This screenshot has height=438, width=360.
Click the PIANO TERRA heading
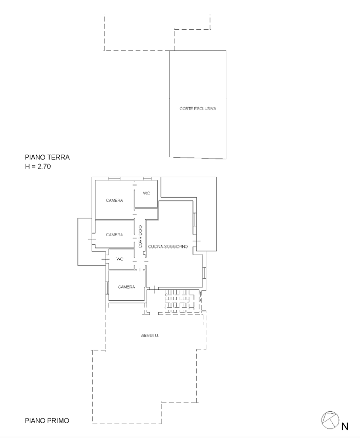(47, 157)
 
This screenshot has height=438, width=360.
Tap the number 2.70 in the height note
(44, 167)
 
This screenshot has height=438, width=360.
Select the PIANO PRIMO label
(47, 421)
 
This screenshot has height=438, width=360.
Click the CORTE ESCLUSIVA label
(198, 109)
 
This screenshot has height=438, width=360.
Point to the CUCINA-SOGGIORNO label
(168, 246)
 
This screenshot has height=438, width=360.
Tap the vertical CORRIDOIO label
(140, 236)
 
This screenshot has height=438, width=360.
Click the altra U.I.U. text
(150, 336)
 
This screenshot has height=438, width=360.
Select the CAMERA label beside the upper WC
(114, 200)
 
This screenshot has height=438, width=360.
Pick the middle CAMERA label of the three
(114, 235)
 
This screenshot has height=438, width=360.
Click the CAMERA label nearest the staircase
(126, 287)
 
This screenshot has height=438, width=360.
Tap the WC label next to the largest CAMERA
(146, 193)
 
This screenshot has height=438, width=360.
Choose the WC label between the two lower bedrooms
(119, 259)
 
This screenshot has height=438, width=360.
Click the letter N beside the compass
(345, 426)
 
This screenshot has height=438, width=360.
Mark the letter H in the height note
(27, 167)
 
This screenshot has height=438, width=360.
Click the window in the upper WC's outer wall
(147, 178)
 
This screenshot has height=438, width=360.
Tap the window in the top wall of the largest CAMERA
(114, 178)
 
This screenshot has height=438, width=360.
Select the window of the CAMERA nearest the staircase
(107, 288)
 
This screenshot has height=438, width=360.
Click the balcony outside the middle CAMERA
(85, 242)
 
